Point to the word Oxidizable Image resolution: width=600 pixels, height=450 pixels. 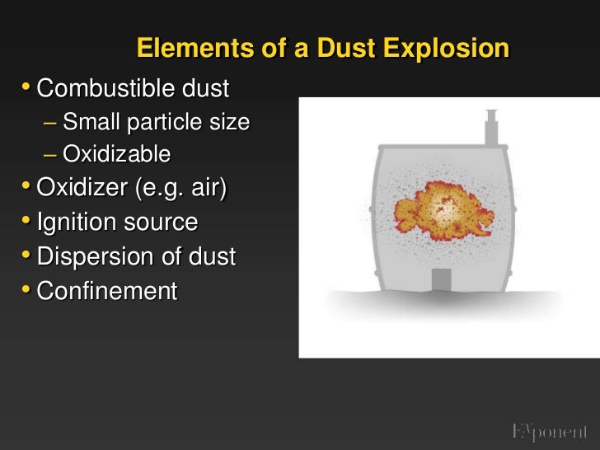[116, 154]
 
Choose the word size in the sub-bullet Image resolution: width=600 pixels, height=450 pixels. [230, 123]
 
